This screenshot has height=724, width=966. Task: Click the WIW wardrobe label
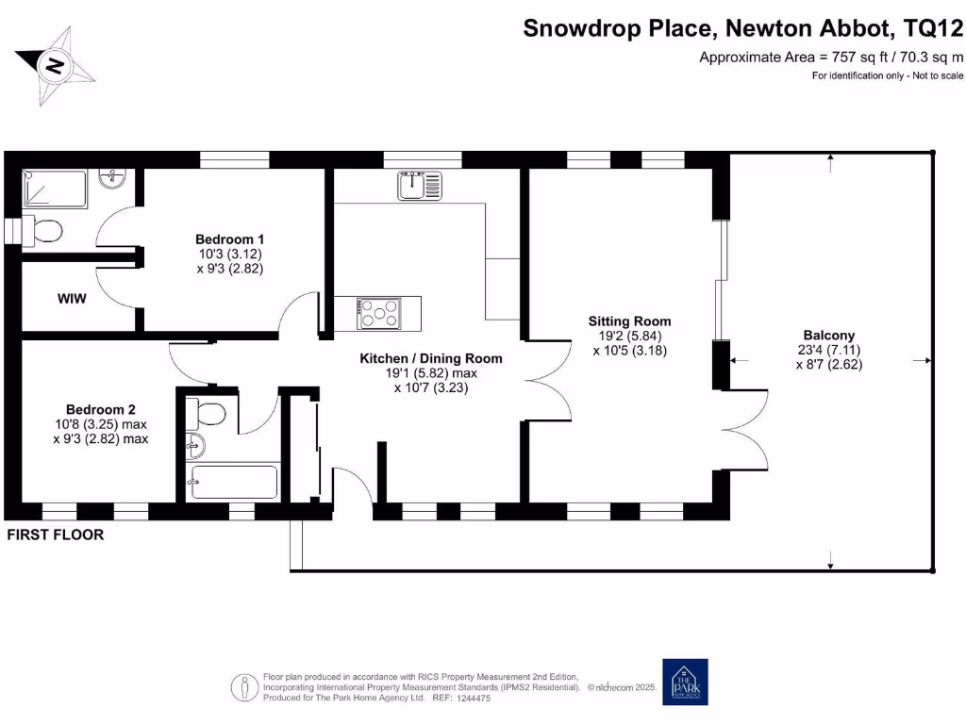point(72,299)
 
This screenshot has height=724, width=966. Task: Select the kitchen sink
point(412,186)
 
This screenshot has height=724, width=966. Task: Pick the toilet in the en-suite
point(42,230)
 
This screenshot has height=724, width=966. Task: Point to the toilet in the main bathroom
point(207,412)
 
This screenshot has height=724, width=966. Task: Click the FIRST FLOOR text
point(55,535)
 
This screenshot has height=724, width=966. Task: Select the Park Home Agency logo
point(685,682)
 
